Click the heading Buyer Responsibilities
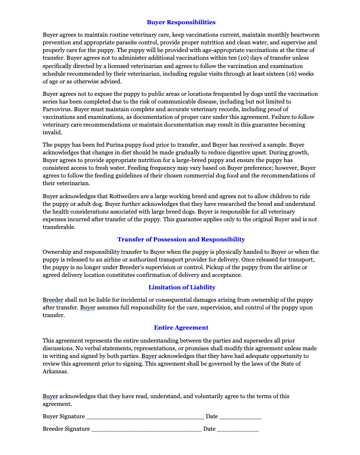181,22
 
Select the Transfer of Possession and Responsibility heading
181,239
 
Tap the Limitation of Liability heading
181,287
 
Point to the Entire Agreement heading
181,327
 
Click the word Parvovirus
59,117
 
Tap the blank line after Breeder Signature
146,428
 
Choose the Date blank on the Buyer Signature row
240,417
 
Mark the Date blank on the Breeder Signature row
238,428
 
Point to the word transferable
59,227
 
